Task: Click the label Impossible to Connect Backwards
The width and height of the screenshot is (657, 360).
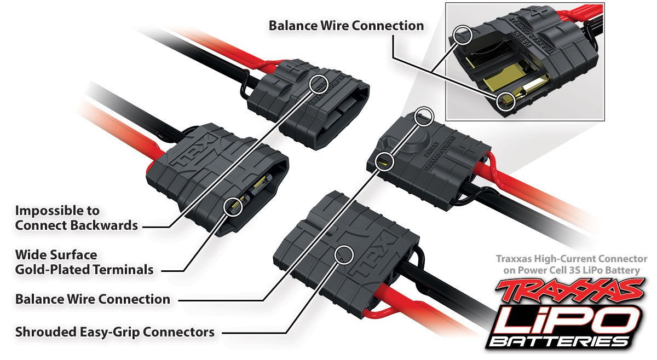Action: tap(76, 217)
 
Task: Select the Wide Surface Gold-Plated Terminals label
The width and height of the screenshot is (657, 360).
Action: tap(84, 262)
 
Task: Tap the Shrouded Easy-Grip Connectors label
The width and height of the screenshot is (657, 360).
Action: tap(114, 332)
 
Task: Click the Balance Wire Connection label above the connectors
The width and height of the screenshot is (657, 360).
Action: tap(346, 26)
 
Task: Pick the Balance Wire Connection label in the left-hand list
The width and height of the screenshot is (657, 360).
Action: tap(93, 299)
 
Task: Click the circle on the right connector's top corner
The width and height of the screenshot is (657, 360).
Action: tap(424, 116)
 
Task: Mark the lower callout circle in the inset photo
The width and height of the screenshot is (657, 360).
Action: tap(507, 101)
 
